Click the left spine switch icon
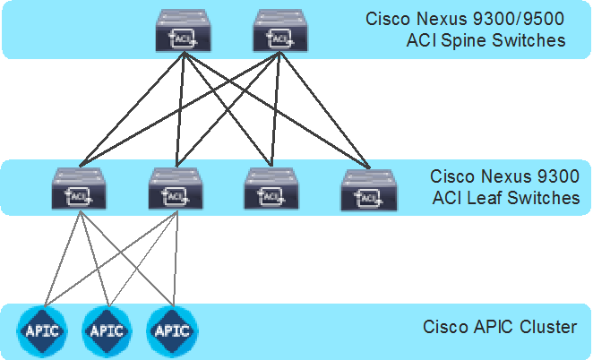pyautogui.click(x=183, y=30)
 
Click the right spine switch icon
pyautogui.click(x=279, y=30)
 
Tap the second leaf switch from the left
pyautogui.click(x=176, y=189)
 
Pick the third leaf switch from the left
pyautogui.click(x=271, y=189)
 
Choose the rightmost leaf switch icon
pyautogui.click(x=368, y=189)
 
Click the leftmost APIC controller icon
pyautogui.click(x=42, y=330)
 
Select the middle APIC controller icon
pyautogui.click(x=107, y=330)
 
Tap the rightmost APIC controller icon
pyautogui.click(x=171, y=330)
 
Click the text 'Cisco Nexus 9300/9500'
pyautogui.click(x=465, y=20)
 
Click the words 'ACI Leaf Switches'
pyautogui.click(x=505, y=197)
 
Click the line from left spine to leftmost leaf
pyautogui.click(x=132, y=108)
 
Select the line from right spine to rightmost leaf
pyautogui.click(x=323, y=108)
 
